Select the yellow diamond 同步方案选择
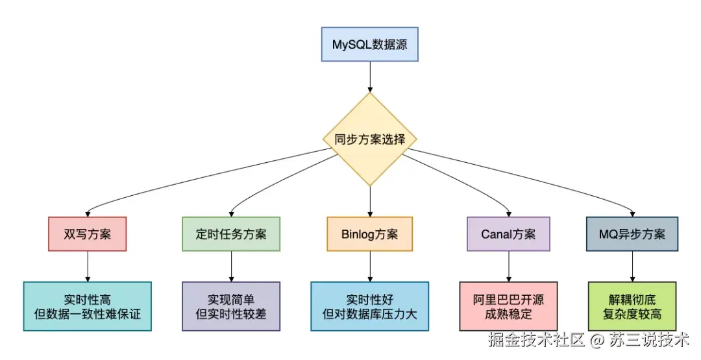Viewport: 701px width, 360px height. (x=369, y=139)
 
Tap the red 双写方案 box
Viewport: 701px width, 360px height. (x=87, y=234)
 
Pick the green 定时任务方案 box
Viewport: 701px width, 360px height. (x=230, y=234)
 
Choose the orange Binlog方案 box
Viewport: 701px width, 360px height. (x=369, y=234)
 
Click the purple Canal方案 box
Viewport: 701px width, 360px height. (x=508, y=234)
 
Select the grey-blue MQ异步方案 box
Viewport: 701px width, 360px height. (x=632, y=234)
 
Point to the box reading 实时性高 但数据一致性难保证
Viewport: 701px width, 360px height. (x=87, y=306)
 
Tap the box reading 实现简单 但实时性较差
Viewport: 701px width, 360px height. (x=230, y=306)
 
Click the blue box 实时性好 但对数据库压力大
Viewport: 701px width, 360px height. (x=369, y=306)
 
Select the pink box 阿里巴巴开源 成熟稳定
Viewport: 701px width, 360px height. (x=508, y=306)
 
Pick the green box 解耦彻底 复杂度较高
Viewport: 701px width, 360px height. (x=632, y=306)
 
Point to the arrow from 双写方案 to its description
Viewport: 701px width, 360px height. (x=87, y=266)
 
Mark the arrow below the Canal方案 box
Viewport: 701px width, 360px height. (x=508, y=266)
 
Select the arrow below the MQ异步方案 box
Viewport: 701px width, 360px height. (x=632, y=266)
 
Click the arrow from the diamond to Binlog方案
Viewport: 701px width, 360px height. (x=369, y=201)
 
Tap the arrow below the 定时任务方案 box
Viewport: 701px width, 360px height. (x=230, y=266)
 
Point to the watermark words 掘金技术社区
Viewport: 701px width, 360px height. (x=537, y=339)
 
